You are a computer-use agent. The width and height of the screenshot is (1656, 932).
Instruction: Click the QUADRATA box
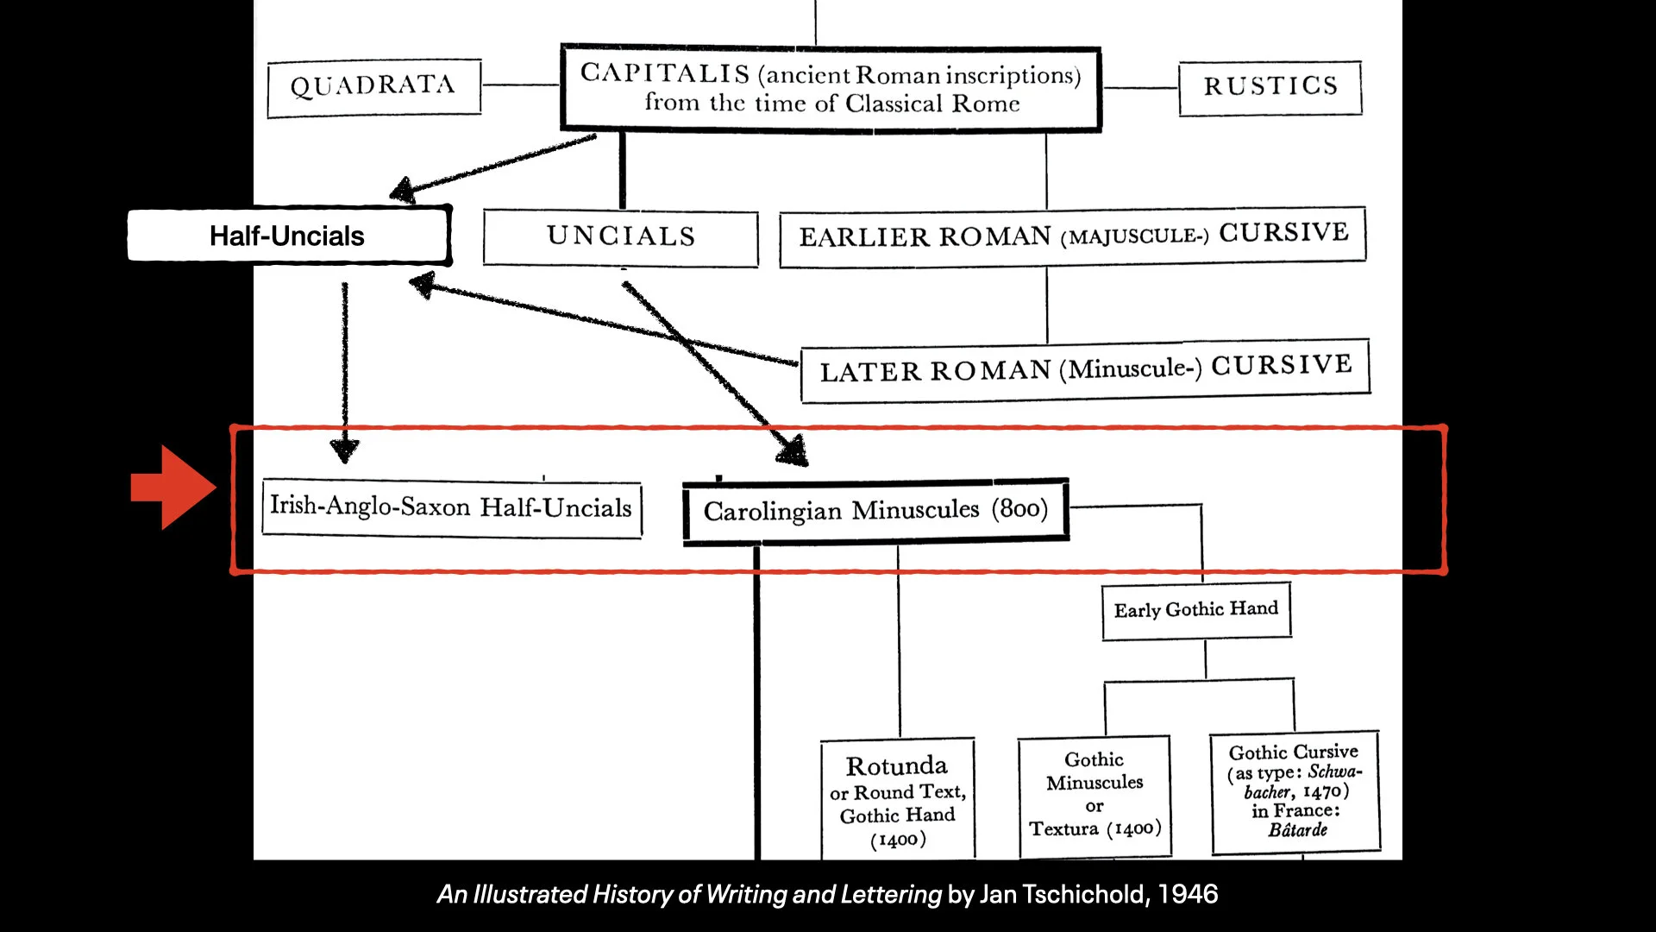pos(373,87)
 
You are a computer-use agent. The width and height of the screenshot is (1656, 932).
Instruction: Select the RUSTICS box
pos(1270,87)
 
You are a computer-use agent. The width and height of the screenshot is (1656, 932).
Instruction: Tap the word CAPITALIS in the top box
pos(664,73)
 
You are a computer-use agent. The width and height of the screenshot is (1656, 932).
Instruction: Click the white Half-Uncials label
pos(287,236)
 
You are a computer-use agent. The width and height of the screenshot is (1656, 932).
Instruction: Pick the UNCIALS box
pos(620,237)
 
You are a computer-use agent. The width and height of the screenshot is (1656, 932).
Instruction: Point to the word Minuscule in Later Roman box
pos(1130,369)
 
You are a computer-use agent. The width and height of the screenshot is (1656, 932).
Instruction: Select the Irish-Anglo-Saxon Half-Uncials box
pos(451,507)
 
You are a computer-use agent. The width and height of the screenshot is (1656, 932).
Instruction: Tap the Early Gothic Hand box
pos(1195,610)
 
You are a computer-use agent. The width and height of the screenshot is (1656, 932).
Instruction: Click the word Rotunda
pos(896,766)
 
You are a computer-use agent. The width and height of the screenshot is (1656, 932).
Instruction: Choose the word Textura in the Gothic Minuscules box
pos(1063,829)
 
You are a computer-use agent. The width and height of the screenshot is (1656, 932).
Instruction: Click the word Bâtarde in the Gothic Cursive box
pos(1297,830)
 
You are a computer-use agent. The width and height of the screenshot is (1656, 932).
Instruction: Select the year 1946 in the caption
pos(1188,895)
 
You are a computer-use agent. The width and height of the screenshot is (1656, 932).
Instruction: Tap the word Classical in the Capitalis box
pos(894,104)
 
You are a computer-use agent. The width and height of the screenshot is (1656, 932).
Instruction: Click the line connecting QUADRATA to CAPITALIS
pos(520,85)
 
